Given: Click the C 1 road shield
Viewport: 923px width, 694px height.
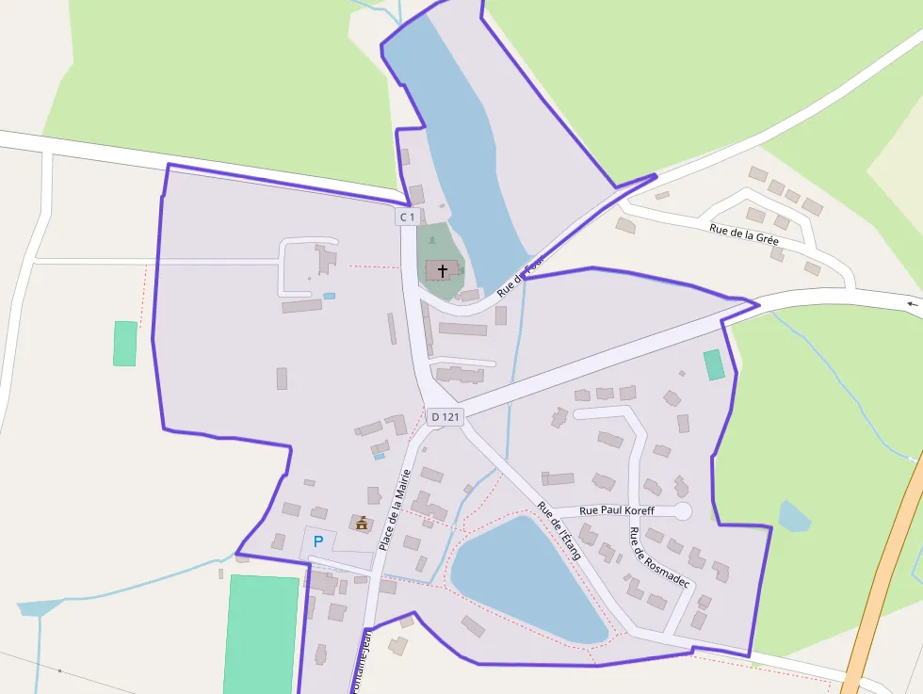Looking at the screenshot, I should click(x=407, y=217).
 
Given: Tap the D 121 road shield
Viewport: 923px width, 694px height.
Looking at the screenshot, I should click(x=445, y=416).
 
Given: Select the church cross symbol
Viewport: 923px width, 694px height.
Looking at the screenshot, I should click(x=443, y=270).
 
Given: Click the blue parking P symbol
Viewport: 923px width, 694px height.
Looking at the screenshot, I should click(x=318, y=541).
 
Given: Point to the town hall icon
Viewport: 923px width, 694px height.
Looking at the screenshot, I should click(x=361, y=522).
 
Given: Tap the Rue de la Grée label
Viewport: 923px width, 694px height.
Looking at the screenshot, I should click(x=744, y=233).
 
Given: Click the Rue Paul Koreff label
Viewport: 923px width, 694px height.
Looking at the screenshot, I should click(x=617, y=510).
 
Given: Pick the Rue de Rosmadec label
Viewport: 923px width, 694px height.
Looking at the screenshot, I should click(x=659, y=557).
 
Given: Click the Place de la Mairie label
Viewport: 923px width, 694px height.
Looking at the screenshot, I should click(x=394, y=508).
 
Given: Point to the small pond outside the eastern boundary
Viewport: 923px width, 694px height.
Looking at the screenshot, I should click(x=793, y=517).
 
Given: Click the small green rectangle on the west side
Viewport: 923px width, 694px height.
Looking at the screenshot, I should click(x=125, y=343).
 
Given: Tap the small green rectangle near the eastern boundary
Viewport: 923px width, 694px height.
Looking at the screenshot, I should click(x=714, y=364).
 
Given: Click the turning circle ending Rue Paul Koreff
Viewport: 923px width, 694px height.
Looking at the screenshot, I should click(x=682, y=511).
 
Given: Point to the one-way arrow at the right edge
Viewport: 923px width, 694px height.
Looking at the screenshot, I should click(x=912, y=304).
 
